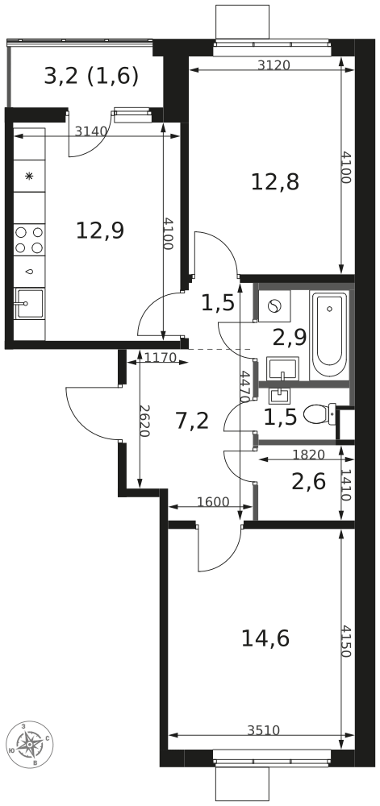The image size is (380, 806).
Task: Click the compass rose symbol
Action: pyautogui.click(x=30, y=743)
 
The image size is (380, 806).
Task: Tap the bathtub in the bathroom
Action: pyautogui.click(x=330, y=334)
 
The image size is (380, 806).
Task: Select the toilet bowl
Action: pyautogui.click(x=319, y=413)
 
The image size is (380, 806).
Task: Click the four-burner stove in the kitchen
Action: pyautogui.click(x=29, y=240)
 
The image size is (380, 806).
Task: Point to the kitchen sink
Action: pyautogui.click(x=29, y=304)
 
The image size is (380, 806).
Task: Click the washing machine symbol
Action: pyautogui.click(x=275, y=306)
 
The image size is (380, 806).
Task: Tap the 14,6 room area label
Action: pyautogui.click(x=265, y=638)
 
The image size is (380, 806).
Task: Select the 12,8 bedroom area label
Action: pyautogui.click(x=275, y=181)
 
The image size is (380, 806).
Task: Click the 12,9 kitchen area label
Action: pyautogui.click(x=100, y=230)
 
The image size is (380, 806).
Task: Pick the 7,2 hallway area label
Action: pyautogui.click(x=192, y=422)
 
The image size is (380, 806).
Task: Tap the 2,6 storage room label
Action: pyautogui.click(x=308, y=482)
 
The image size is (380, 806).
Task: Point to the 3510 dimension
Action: pyautogui.click(x=263, y=730)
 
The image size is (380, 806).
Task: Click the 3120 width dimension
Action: pyautogui.click(x=274, y=64)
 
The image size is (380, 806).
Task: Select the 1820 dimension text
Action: pyautogui.click(x=308, y=455)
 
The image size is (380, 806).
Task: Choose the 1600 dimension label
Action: pyautogui.click(x=213, y=502)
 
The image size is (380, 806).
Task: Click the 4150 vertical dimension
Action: pyautogui.click(x=345, y=641)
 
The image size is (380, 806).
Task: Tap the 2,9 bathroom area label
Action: pyautogui.click(x=290, y=338)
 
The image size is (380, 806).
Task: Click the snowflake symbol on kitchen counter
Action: pyautogui.click(x=29, y=177)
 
